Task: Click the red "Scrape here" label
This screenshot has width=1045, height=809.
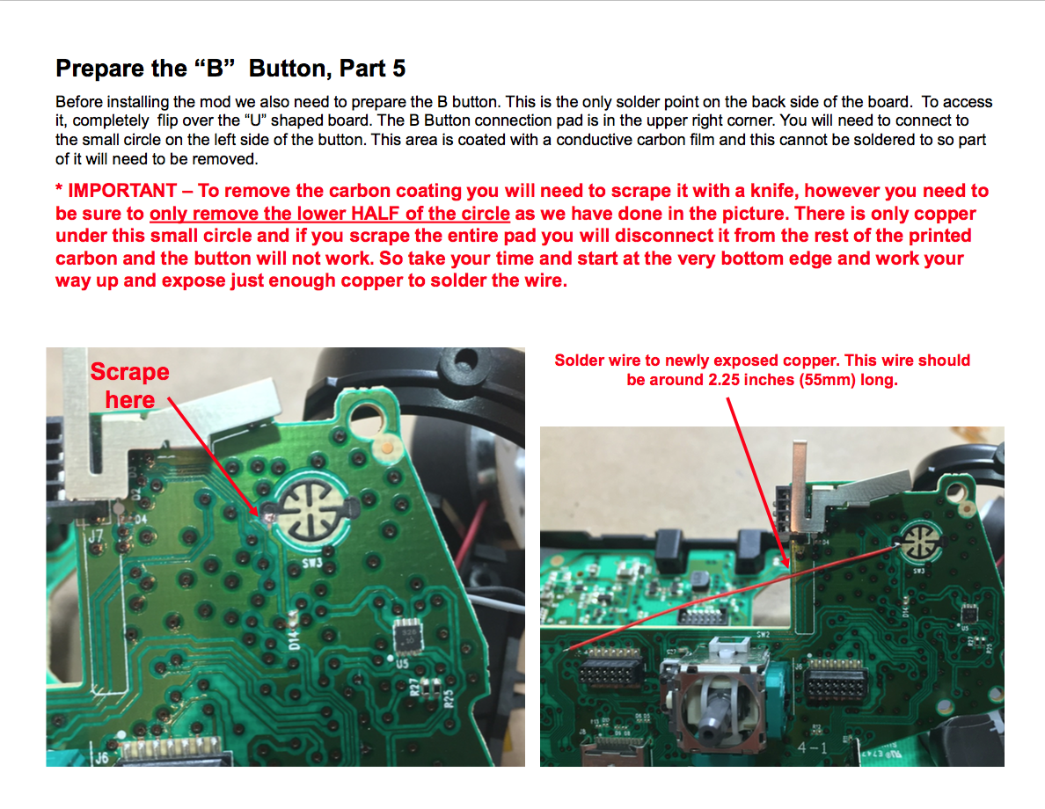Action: pos(129,385)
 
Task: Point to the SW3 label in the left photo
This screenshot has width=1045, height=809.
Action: pos(312,558)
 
